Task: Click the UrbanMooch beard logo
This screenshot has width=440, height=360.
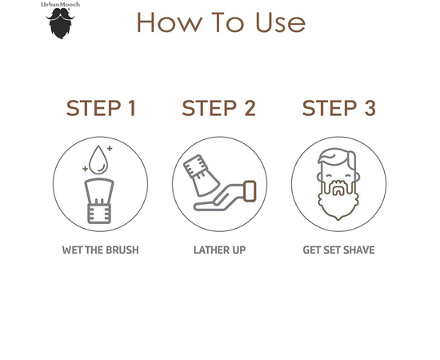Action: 60,23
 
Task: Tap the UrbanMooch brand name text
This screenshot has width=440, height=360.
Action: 60,5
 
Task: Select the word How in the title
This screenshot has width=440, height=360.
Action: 170,22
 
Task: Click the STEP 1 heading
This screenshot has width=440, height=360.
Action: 101,108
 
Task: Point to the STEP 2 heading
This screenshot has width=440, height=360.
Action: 219,108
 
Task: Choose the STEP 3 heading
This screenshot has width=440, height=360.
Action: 338,108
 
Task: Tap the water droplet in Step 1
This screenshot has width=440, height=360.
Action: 98,159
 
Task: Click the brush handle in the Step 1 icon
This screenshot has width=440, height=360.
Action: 99,214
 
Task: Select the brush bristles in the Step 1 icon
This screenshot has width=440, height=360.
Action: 99,191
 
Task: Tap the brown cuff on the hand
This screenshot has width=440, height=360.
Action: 250,191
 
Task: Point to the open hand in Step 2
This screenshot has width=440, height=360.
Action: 219,198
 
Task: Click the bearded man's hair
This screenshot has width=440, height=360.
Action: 338,157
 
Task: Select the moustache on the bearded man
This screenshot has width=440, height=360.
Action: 338,185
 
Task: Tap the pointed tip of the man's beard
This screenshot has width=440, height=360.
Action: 338,219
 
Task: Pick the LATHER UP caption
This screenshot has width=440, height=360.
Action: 219,250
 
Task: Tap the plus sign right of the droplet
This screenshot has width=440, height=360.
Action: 110,149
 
